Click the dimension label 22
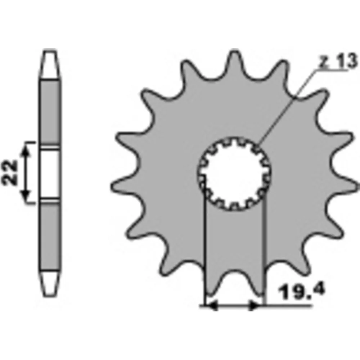pos(9,173)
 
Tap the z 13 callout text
pos(338,60)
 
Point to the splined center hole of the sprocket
pos(234,174)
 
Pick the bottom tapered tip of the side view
pos(50,283)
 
